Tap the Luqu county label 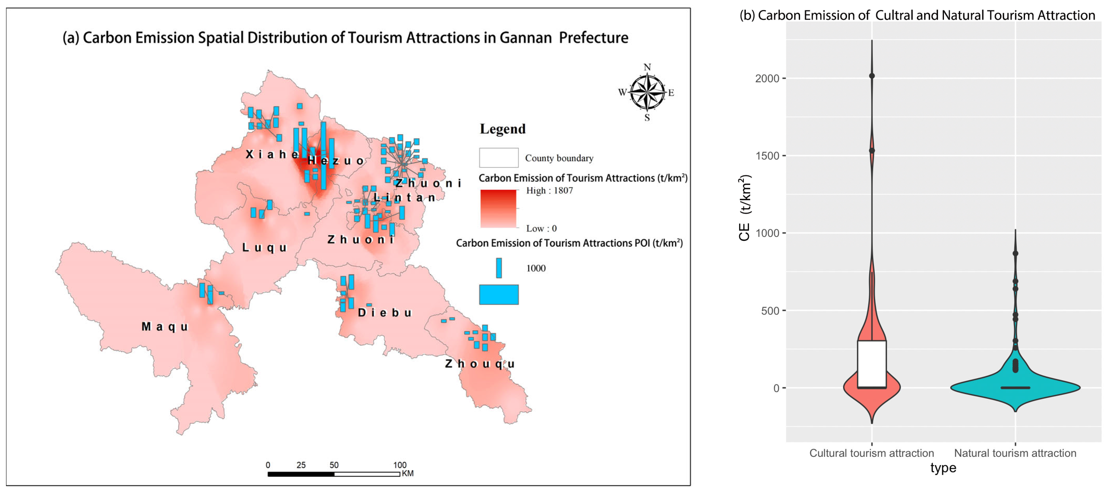264,248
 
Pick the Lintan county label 404,198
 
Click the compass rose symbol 647,92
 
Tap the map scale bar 334,474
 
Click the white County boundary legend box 498,158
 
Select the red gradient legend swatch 498,208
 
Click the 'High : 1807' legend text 549,190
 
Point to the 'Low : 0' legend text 541,228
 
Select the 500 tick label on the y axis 770,311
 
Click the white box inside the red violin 872,364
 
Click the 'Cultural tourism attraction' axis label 872,453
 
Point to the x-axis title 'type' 943,468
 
